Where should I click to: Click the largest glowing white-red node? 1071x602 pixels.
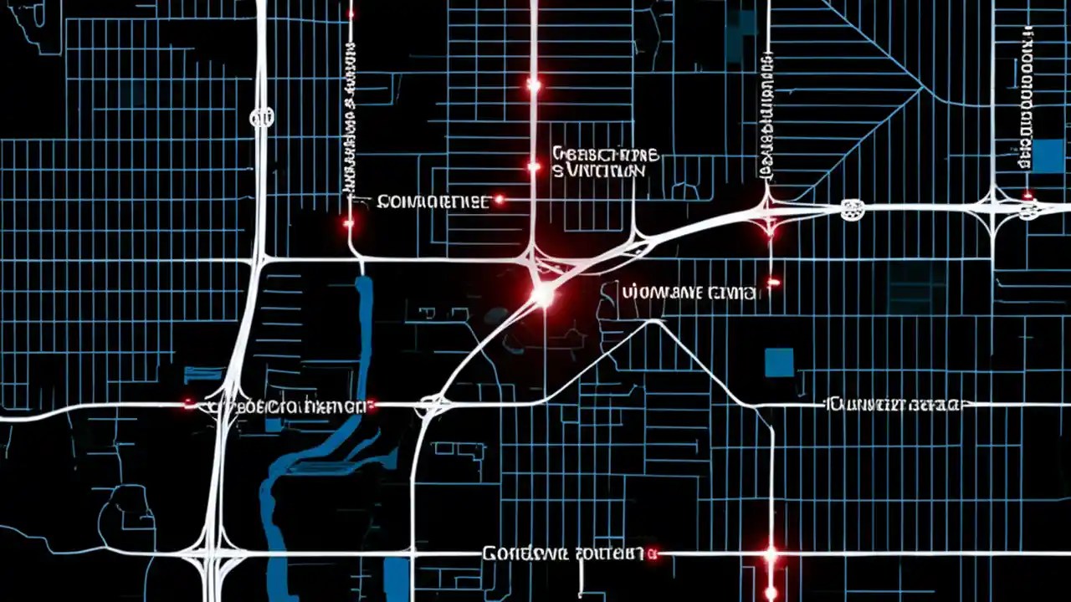tap(543, 295)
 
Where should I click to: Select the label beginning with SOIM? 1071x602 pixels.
tap(433, 202)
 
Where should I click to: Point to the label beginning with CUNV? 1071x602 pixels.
tap(894, 406)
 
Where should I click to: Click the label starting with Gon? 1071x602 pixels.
tap(562, 554)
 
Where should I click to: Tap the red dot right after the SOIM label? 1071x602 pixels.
tap(500, 200)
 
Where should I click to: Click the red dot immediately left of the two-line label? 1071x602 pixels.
tap(533, 167)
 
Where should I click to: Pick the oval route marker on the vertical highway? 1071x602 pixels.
tap(260, 117)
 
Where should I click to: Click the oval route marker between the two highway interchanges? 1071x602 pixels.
tap(851, 209)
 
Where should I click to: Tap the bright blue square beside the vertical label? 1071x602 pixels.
tap(1048, 156)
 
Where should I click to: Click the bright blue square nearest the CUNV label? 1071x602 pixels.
tap(779, 362)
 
